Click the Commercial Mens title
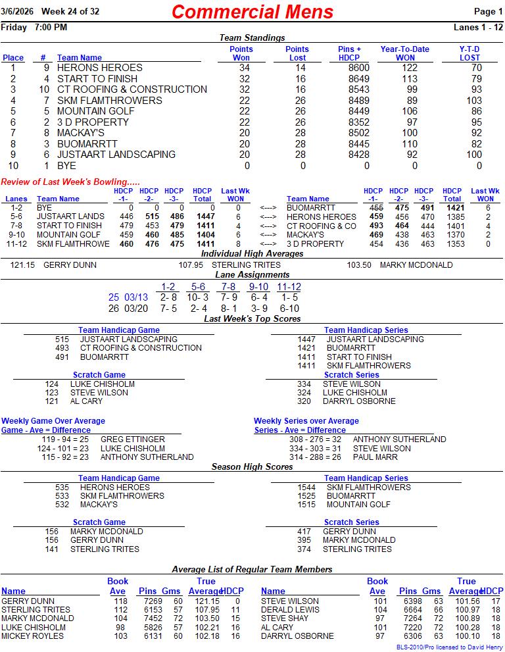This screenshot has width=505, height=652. [252, 12]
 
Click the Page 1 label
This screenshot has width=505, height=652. [489, 12]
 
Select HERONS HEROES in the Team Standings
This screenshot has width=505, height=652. [99, 68]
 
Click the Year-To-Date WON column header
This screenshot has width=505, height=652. [404, 53]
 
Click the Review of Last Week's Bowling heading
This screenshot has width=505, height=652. [70, 182]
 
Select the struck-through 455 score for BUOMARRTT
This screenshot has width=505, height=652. [376, 207]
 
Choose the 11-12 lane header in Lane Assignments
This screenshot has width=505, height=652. [289, 287]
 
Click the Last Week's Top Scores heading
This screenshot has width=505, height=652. [252, 318]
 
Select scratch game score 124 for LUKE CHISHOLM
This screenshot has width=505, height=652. [52, 384]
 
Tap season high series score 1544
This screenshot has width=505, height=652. [307, 488]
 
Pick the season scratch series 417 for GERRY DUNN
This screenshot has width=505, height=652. [304, 532]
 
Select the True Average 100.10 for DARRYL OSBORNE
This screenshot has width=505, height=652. [466, 636]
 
